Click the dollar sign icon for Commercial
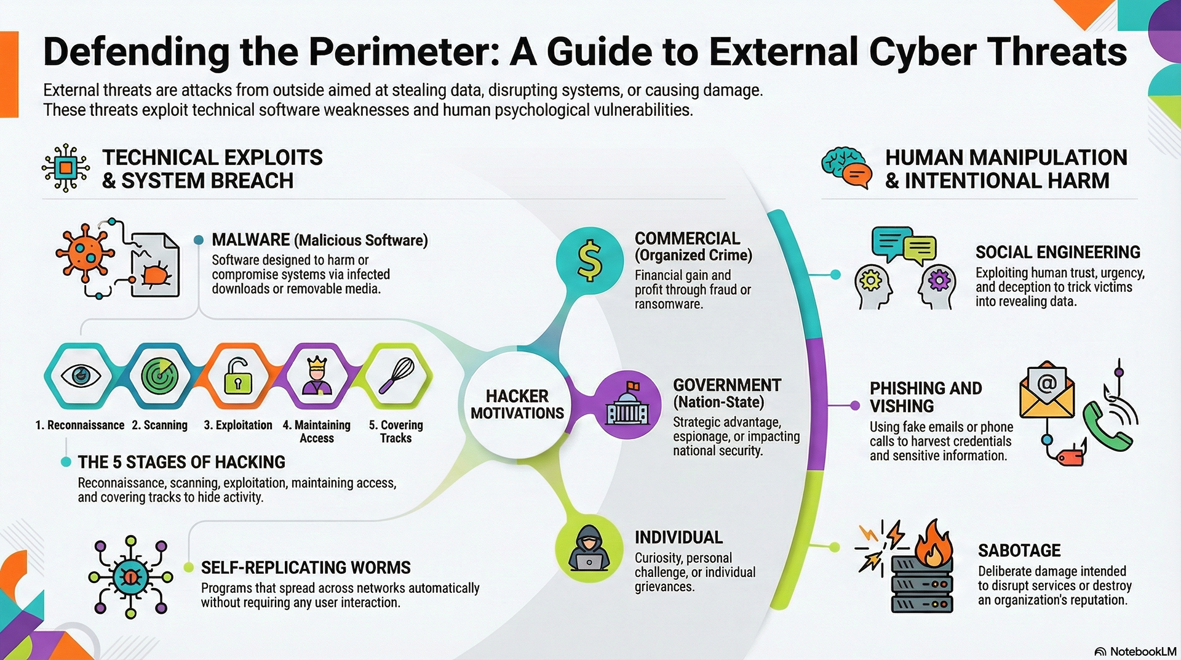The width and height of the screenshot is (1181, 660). pyautogui.click(x=589, y=261)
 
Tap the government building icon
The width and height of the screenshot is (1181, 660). pyautogui.click(x=627, y=404)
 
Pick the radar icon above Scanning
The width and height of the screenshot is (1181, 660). pyautogui.click(x=159, y=375)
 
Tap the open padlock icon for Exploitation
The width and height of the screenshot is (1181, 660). pyautogui.click(x=238, y=375)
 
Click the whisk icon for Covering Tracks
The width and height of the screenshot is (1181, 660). pyautogui.click(x=397, y=375)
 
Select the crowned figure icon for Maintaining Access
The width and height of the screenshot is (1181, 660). pyautogui.click(x=317, y=375)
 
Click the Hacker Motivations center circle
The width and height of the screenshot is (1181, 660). pyautogui.click(x=517, y=404)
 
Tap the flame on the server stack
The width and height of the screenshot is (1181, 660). pyautogui.click(x=933, y=542)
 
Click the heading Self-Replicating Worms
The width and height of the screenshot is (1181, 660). pyautogui.click(x=306, y=567)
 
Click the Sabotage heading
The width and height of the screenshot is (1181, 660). pyautogui.click(x=1019, y=550)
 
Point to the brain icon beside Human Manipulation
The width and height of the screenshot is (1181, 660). pyautogui.click(x=840, y=164)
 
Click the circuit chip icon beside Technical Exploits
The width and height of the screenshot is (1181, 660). pyautogui.click(x=66, y=167)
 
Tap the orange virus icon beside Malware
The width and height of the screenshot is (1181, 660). pyautogui.click(x=85, y=252)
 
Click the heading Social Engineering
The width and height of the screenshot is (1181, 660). pyautogui.click(x=1057, y=252)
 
